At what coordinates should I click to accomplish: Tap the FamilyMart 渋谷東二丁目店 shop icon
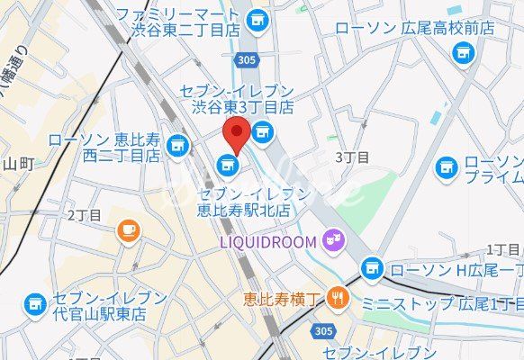(258, 18)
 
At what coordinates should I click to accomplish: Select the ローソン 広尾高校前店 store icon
(463, 52)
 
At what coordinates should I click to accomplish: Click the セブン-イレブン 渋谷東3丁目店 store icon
(262, 133)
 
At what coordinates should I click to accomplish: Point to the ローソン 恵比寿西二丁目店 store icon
(177, 144)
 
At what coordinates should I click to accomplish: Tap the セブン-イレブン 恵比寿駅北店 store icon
(228, 164)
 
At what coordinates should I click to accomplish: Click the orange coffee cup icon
(128, 230)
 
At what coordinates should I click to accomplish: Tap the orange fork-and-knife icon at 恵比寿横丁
(338, 295)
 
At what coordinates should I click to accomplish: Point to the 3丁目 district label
(352, 157)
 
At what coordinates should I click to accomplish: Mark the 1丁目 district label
(504, 248)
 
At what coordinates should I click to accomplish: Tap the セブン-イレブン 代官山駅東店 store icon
(35, 304)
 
